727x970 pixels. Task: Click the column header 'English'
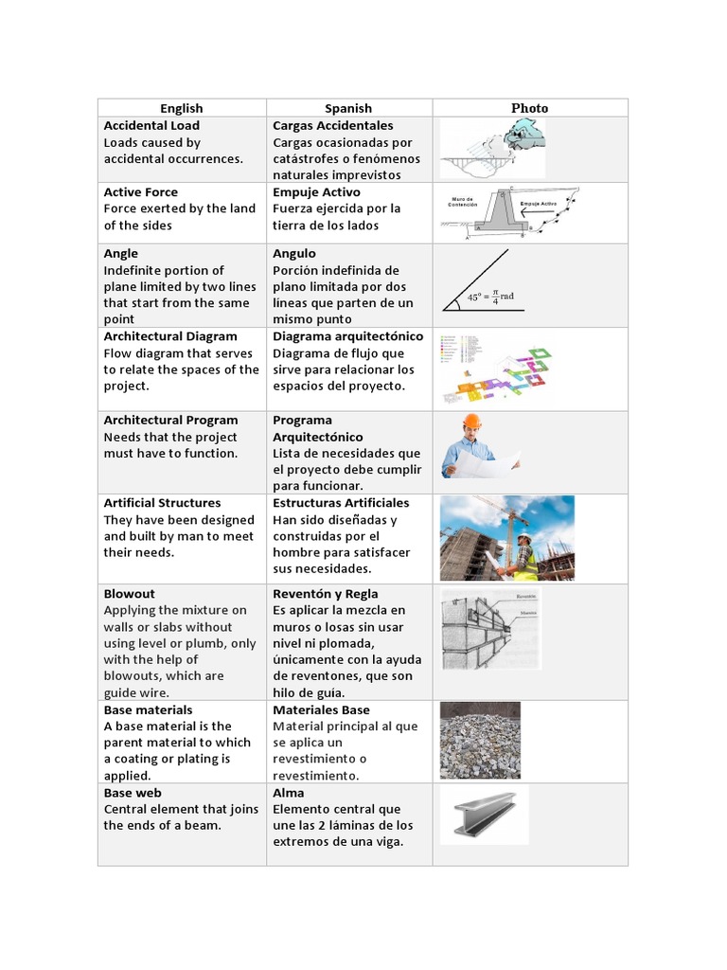coord(181,108)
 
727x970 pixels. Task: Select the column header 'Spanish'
coord(348,108)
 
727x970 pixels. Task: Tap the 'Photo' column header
coord(529,108)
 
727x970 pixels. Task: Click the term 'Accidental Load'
coord(151,125)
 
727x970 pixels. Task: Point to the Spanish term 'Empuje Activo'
coord(316,192)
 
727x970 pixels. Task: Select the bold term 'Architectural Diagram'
coord(170,336)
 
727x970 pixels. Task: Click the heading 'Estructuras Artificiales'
coord(341,503)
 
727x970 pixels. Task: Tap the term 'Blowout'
coord(129,594)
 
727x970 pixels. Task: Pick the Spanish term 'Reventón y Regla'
coord(325,594)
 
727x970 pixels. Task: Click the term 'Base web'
coord(133,793)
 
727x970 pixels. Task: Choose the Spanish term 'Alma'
coord(288,793)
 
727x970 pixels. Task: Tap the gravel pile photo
coord(480,740)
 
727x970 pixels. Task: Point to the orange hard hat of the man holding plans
coord(471,422)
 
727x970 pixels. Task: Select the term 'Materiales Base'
coord(321,710)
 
